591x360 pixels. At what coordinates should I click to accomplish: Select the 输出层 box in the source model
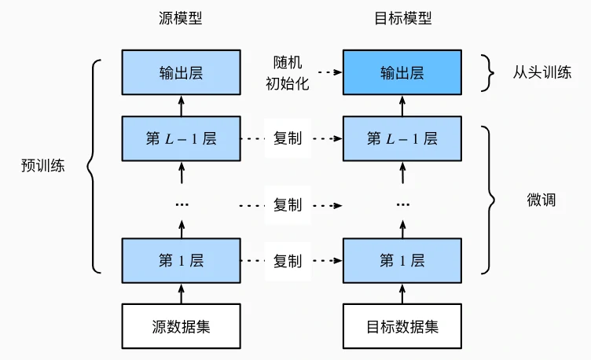(x=181, y=72)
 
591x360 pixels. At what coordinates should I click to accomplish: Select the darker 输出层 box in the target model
(x=402, y=72)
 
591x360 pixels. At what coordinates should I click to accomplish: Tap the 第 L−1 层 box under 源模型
(x=181, y=139)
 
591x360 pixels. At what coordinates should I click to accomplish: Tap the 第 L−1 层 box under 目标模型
(x=402, y=139)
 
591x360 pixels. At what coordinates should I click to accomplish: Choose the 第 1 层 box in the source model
(x=181, y=260)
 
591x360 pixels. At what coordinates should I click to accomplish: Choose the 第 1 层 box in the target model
(x=402, y=260)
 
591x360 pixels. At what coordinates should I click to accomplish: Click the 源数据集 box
(x=181, y=325)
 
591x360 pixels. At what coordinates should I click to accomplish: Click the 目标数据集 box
(x=402, y=325)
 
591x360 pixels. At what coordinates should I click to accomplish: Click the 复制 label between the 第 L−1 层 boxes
(x=288, y=139)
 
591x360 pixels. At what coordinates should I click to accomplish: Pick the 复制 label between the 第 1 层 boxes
(x=288, y=260)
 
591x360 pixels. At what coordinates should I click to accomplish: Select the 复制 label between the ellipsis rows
(x=288, y=204)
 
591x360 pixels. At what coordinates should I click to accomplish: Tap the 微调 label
(x=541, y=199)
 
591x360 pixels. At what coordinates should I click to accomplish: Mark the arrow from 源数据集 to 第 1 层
(x=182, y=292)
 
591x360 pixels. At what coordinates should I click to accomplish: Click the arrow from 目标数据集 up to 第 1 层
(x=402, y=292)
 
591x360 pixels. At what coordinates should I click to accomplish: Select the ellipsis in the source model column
(x=182, y=204)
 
